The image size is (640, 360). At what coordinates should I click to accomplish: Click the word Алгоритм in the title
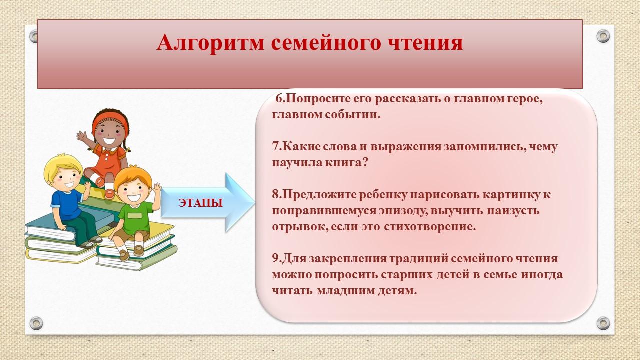pos(210,43)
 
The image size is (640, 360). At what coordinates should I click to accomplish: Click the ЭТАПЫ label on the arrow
pos(200,203)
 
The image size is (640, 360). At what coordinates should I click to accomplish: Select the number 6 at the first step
pos(279,99)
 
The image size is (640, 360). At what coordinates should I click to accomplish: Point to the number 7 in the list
pos(275,146)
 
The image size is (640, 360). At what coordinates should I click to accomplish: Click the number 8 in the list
pos(275,194)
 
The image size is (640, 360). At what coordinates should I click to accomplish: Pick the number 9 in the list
pos(275,258)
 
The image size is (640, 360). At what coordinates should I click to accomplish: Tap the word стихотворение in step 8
pos(429,227)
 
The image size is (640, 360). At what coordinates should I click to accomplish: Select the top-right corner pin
pos(603,36)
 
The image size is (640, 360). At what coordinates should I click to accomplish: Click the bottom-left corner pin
pos(36,323)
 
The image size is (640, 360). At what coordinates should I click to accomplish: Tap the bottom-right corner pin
pos(603,323)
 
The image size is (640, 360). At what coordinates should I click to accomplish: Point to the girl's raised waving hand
pos(82,136)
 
